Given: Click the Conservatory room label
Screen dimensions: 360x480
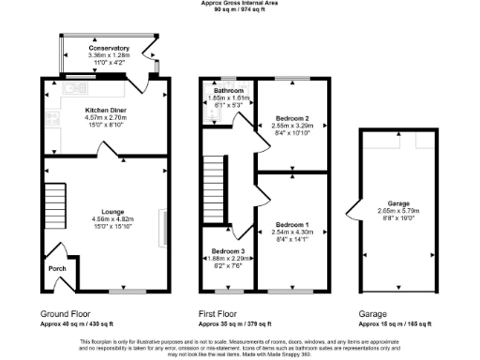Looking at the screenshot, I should pos(109,47).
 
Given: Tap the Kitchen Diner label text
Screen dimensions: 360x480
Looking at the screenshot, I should pos(105,110).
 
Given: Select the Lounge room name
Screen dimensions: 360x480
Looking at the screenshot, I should pos(105,212).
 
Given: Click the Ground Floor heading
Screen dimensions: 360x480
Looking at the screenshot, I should pos(67,313).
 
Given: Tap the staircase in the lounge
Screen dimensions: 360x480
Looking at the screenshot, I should pos(55,198).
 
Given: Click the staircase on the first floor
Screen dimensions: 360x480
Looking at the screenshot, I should pos(216,187).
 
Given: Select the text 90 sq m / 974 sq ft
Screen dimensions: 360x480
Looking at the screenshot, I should pos(239,9).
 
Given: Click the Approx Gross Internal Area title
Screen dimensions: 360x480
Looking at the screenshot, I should pos(239,3).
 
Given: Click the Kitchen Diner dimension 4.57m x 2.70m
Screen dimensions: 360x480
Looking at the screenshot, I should pos(105,117).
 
